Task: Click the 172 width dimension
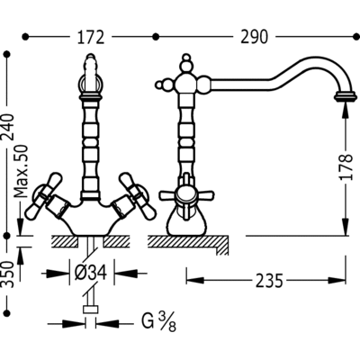tap(91, 37)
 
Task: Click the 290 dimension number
tap(254, 37)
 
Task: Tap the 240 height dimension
tap(8, 127)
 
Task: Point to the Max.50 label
tap(22, 171)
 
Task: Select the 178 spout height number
tap(346, 167)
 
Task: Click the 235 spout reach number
tap(269, 281)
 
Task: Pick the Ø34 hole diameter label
tap(91, 274)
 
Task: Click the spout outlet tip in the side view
tap(346, 98)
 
